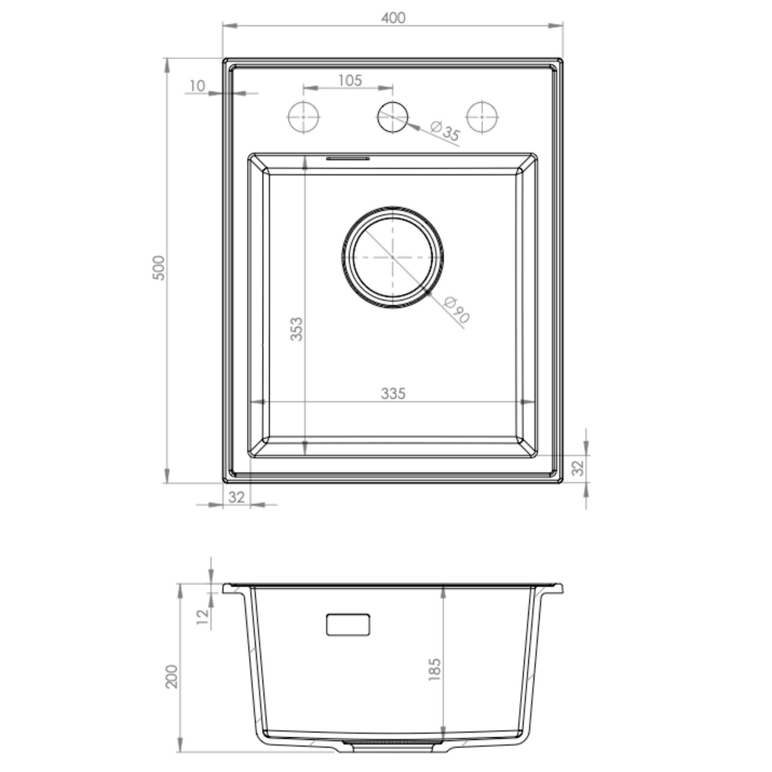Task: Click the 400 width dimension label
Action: [393, 18]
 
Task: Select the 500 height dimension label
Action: [159, 268]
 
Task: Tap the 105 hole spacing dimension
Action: [350, 80]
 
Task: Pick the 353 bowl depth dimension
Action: [296, 329]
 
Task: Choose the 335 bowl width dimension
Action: [393, 394]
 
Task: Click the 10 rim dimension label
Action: [197, 86]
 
